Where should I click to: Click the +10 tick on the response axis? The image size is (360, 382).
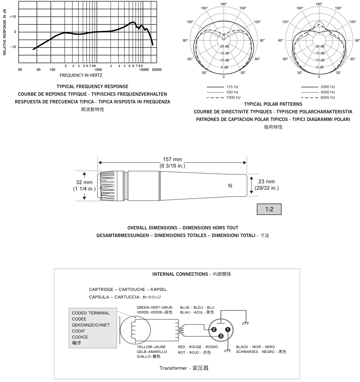pyautogui.click(x=13, y=17)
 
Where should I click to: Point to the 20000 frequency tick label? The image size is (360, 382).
pyautogui.click(x=156, y=70)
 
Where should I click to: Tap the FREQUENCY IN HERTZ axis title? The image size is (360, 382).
pyautogui.click(x=81, y=75)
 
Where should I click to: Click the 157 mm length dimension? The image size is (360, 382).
pyautogui.click(x=172, y=159)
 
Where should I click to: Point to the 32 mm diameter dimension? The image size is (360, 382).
pyautogui.click(x=84, y=182)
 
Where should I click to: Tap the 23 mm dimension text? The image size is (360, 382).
pyautogui.click(x=266, y=182)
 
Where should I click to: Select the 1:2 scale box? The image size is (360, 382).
pyautogui.click(x=269, y=209)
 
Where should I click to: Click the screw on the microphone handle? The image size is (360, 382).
pyautogui.click(x=230, y=185)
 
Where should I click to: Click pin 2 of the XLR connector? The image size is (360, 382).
pyautogui.click(x=214, y=329)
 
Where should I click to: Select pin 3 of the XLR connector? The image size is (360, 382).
pyautogui.click(x=221, y=336)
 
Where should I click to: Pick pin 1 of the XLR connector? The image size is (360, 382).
pyautogui.click(x=227, y=329)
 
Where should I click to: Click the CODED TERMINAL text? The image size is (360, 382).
pyautogui.click(x=90, y=313)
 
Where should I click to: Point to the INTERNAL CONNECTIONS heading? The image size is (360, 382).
pyautogui.click(x=180, y=274)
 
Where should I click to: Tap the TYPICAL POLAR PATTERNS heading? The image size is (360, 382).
pyautogui.click(x=273, y=104)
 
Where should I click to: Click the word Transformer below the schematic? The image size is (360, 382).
pyautogui.click(x=173, y=368)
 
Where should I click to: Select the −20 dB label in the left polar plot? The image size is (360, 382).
pyautogui.click(x=224, y=46)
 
